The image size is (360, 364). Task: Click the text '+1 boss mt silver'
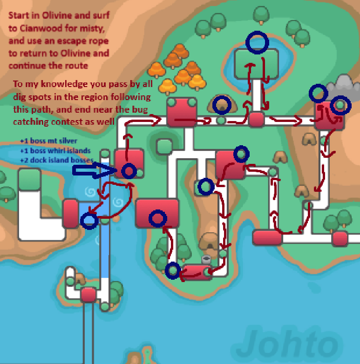(x=48, y=141)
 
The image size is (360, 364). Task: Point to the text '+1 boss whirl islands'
(x=55, y=150)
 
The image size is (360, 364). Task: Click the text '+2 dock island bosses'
(x=57, y=160)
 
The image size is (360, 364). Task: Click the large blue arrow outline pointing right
(x=94, y=171)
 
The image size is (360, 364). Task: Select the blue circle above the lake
(x=258, y=42)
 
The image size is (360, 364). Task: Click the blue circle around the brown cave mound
(x=222, y=105)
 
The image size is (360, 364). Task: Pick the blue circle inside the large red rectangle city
(x=158, y=218)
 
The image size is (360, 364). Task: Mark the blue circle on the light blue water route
(x=89, y=221)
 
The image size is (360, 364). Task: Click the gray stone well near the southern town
(x=206, y=259)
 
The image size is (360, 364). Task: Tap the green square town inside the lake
(x=257, y=64)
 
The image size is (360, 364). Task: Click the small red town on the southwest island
(x=88, y=295)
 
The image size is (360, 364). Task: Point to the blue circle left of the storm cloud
(x=318, y=94)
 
